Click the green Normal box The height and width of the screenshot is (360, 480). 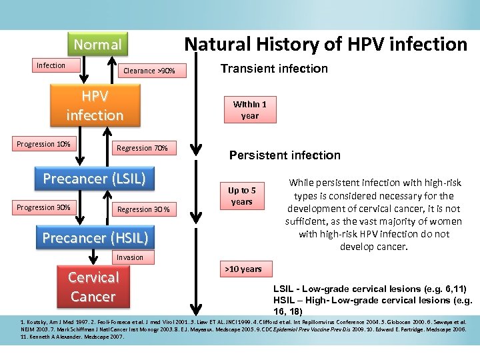(x=97, y=45)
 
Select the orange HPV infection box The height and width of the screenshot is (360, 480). (x=94, y=106)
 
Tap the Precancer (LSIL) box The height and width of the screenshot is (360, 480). (x=94, y=179)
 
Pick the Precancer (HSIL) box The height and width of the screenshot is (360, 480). (x=95, y=238)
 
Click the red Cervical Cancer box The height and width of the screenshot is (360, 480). (x=93, y=287)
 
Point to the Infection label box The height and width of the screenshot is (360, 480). (x=51, y=65)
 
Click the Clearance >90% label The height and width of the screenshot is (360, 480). (x=149, y=71)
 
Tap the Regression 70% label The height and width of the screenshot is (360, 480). (x=142, y=147)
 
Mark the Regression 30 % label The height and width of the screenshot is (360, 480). (x=143, y=209)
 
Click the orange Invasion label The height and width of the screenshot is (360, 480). (x=129, y=257)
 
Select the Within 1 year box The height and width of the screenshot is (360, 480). (x=249, y=110)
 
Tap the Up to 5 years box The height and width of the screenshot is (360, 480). (x=241, y=196)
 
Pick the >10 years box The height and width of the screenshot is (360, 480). (x=243, y=269)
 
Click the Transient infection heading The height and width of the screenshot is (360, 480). (x=274, y=68)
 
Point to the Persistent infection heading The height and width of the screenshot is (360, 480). (x=285, y=155)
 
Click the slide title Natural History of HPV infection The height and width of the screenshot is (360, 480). (x=325, y=45)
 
